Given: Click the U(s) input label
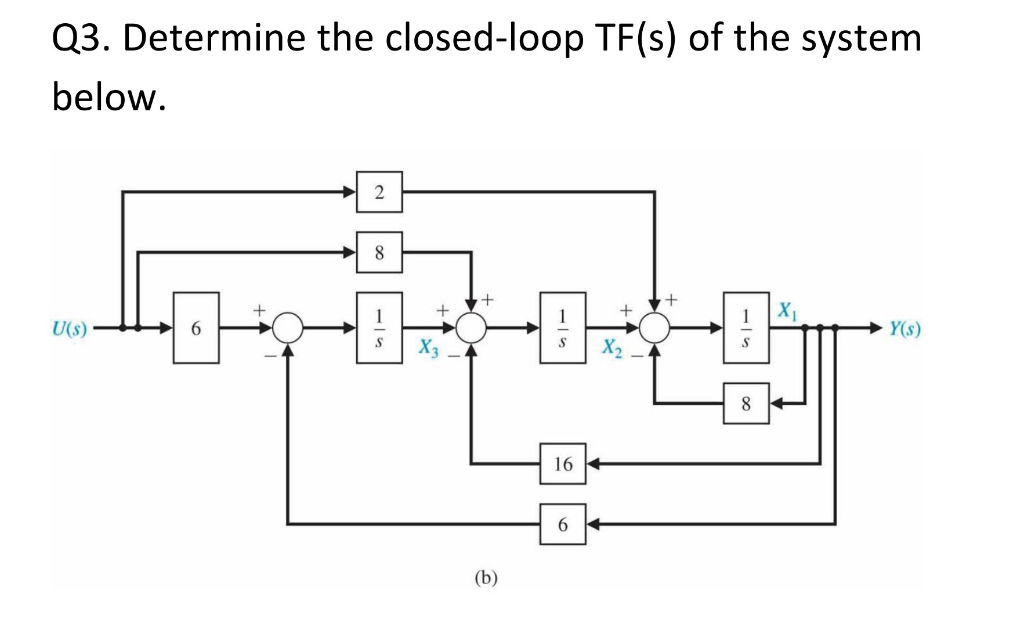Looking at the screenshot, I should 69,329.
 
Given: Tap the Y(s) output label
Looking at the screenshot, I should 905,329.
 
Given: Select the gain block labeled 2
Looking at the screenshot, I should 379,192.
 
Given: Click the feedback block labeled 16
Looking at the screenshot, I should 563,464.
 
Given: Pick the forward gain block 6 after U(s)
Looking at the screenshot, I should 196,328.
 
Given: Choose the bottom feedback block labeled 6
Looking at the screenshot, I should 563,524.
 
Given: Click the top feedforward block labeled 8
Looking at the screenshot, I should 379,253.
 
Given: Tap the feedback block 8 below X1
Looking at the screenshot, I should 746,403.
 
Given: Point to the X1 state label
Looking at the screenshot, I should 787,311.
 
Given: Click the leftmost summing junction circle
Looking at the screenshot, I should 288,328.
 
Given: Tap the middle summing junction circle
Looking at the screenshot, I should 471,328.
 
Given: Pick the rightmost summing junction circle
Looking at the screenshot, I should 655,328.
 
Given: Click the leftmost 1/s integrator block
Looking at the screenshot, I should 379,328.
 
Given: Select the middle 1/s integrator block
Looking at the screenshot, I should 563,328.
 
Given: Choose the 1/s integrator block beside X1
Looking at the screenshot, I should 746,328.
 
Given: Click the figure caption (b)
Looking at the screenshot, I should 486,578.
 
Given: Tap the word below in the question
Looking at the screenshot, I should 108,97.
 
